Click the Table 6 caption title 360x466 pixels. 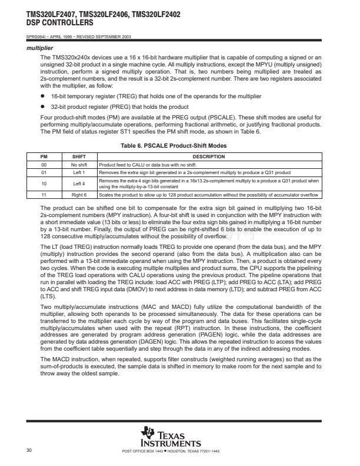[x=179, y=145]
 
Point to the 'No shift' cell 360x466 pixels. [x=79, y=164]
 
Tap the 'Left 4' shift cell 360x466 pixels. [x=79, y=183]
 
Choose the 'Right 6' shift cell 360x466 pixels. [x=79, y=194]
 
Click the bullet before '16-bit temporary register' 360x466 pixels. [x=42, y=96]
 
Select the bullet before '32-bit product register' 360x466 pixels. [x=42, y=107]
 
